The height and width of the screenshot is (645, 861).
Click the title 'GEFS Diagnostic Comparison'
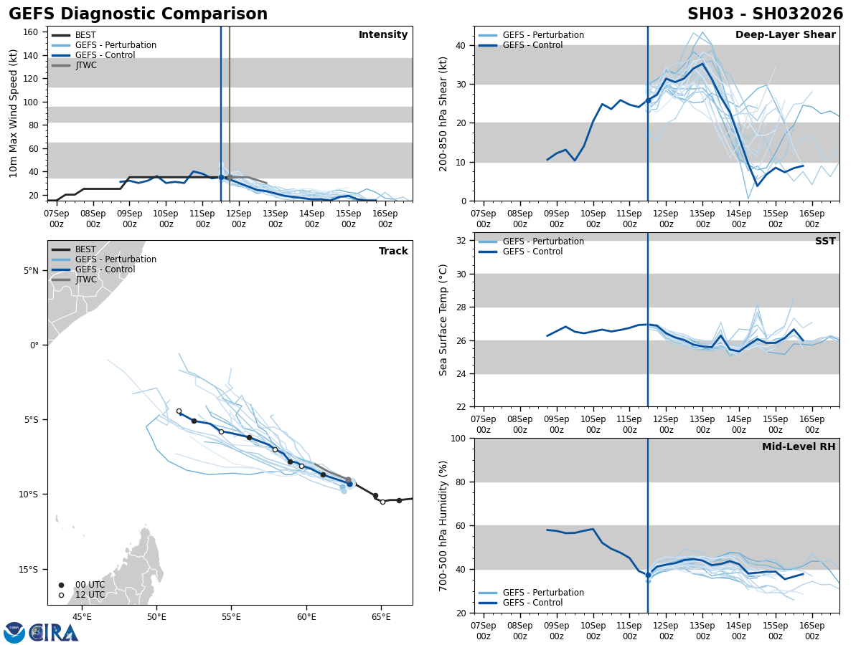pos(138,14)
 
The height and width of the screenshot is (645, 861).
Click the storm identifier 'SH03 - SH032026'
pos(765,14)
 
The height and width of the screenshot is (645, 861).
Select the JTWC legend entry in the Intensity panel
pos(85,65)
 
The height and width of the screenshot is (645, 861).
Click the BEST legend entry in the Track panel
pos(85,249)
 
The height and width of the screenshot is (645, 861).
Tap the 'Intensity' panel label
pos(382,35)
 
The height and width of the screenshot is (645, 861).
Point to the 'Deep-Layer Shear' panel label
pos(785,35)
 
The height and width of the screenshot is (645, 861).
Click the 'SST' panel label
pos(824,242)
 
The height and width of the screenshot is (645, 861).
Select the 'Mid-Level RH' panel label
pos(798,447)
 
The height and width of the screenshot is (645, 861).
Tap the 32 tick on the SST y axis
pos(461,241)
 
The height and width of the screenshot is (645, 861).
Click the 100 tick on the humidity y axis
pos(458,439)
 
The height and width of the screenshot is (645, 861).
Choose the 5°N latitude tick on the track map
pos(30,271)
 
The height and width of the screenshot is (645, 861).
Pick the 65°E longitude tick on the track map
pos(381,617)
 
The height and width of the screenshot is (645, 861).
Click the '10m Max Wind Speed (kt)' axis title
pos(13,113)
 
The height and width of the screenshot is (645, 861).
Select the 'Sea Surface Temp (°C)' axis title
pos(443,320)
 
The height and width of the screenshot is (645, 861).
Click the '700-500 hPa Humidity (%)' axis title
pos(443,525)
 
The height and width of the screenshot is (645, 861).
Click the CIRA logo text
pos(55,632)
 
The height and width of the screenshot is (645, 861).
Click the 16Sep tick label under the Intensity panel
pos(385,219)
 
